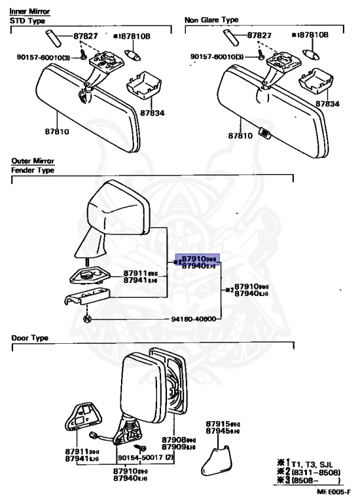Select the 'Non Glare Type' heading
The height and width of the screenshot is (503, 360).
211,20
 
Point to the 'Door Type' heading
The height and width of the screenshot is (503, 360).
29,338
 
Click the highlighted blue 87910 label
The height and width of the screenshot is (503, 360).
196,259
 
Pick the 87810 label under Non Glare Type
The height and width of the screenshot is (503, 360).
240,136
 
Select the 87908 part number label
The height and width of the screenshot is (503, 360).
175,440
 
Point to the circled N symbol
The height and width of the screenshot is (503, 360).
87,319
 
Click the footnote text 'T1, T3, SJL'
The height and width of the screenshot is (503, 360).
317,464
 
